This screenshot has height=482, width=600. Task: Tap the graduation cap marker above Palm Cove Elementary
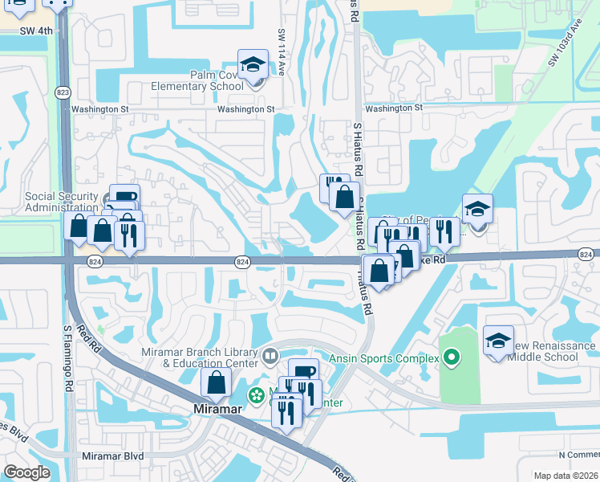[x=253, y=64]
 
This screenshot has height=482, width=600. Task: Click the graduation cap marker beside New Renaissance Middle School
[x=498, y=341]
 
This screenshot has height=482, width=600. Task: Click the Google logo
[x=26, y=472]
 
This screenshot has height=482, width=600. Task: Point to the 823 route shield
[x=63, y=92]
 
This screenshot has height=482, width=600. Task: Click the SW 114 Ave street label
[x=282, y=52]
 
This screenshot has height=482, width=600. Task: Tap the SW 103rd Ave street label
[x=564, y=49]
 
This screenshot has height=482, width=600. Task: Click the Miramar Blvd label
[x=113, y=455]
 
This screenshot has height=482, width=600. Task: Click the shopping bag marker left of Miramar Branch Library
[x=217, y=382]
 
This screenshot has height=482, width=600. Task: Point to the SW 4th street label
[x=38, y=31]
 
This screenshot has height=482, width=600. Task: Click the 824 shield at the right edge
[x=586, y=254]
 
